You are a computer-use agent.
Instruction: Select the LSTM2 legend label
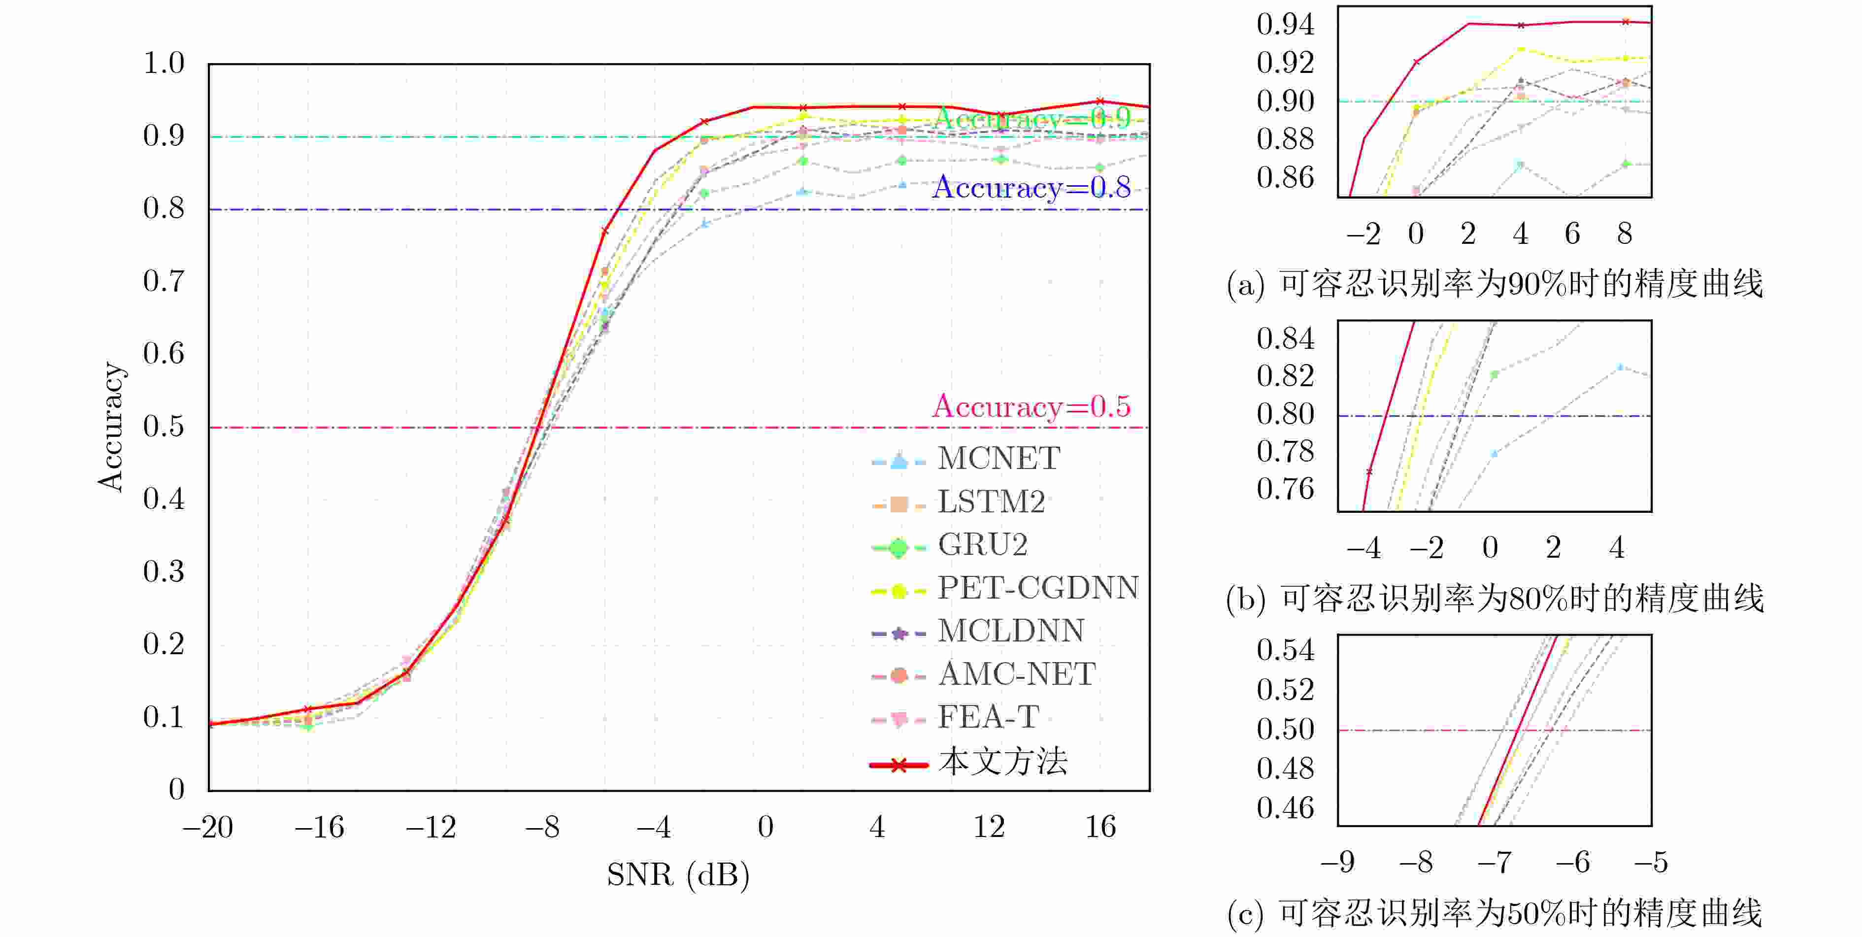click(991, 502)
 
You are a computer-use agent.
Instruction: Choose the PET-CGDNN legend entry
click(1038, 588)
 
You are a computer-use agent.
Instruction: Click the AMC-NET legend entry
click(1016, 674)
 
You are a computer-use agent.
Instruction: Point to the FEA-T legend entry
click(988, 717)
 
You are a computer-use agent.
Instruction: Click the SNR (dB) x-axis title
click(677, 875)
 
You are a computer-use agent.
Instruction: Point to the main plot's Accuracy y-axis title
click(111, 427)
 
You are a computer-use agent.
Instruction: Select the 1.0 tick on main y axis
click(164, 64)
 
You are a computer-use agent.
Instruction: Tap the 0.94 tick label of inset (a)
click(1285, 25)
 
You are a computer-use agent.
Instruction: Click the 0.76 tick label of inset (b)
click(1285, 490)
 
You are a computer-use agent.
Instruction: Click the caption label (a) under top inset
click(1245, 285)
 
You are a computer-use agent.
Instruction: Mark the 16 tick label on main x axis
click(1100, 827)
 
